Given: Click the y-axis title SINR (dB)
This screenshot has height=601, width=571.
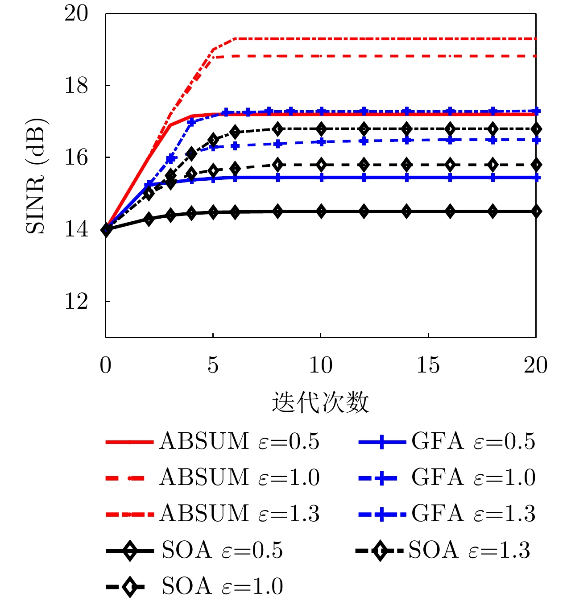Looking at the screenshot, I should click(x=36, y=176).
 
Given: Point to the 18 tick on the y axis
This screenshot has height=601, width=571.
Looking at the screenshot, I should click(x=76, y=86).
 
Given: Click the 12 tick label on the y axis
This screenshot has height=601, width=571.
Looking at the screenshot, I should click(x=76, y=302).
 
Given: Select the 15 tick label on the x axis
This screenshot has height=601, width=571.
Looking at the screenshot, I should click(x=428, y=365).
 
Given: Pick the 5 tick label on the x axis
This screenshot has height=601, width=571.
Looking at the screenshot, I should click(x=213, y=365).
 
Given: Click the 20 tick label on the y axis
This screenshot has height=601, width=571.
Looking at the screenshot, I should click(x=76, y=13).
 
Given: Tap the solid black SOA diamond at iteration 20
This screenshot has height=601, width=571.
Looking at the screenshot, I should click(x=536, y=211).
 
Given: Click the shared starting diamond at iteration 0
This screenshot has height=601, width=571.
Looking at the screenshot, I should click(x=106, y=229).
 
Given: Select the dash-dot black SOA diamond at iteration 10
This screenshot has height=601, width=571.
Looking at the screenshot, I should click(x=321, y=129).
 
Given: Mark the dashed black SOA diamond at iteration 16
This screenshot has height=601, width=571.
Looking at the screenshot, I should click(x=450, y=165).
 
